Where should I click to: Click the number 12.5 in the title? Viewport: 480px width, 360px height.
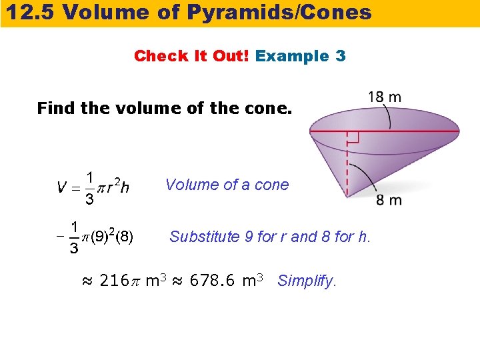[x=29, y=12]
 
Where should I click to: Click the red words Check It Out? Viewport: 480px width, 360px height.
[x=191, y=56]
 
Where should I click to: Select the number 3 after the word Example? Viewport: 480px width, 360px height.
[x=341, y=56]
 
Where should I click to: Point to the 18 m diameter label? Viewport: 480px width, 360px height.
[x=385, y=97]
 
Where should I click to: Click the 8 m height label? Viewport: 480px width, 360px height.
[x=389, y=200]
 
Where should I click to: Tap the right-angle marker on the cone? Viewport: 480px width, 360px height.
[x=353, y=137]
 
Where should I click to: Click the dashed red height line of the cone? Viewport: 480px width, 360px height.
[x=347, y=167]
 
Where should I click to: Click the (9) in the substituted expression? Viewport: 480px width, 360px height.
[x=100, y=237]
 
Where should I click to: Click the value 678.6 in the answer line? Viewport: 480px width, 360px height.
[x=213, y=281]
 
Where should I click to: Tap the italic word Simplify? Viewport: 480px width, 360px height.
[x=307, y=281]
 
